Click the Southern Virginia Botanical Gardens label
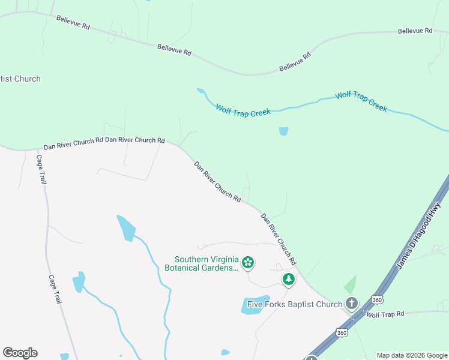pyautogui.click(x=202, y=263)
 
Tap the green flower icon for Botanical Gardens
pyautogui.click(x=247, y=263)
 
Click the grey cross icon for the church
pyautogui.click(x=352, y=304)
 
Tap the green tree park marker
pyautogui.click(x=289, y=280)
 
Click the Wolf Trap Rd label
pyautogui.click(x=385, y=314)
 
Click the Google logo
pyautogui.click(x=20, y=353)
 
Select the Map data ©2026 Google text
pyautogui.click(x=411, y=355)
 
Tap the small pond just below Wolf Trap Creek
pyautogui.click(x=283, y=131)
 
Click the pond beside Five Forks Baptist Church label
pyautogui.click(x=256, y=304)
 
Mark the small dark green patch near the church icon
pyautogui.click(x=350, y=285)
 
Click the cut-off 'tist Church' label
pyautogui.click(x=20, y=79)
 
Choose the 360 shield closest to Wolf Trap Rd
pyautogui.click(x=376, y=299)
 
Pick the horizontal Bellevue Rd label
pyautogui.click(x=415, y=31)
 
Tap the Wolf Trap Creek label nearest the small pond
pyautogui.click(x=243, y=110)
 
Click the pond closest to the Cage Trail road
pyautogui.click(x=79, y=282)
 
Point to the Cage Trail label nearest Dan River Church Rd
pyautogui.click(x=41, y=170)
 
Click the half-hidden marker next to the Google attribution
pyautogui.click(x=311, y=358)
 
